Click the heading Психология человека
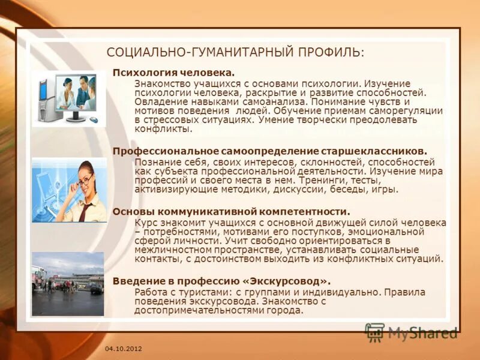point(173,72)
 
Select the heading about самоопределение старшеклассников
point(270,151)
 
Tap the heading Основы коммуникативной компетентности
point(231,212)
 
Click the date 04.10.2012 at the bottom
point(123,349)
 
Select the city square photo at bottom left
point(68,283)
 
